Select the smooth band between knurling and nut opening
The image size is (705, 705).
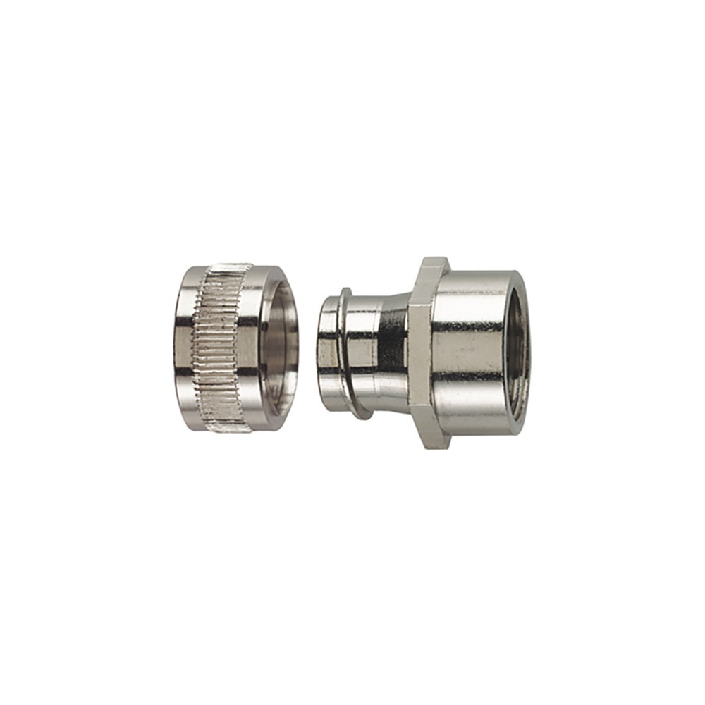251,348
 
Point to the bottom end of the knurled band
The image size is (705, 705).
224,427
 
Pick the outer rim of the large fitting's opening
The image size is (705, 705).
527,352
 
